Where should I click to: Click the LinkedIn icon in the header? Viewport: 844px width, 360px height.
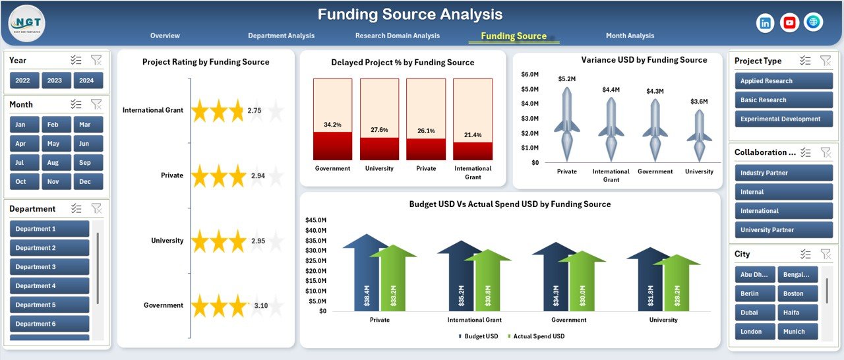coord(766,23)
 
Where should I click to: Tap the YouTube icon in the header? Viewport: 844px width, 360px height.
coord(789,23)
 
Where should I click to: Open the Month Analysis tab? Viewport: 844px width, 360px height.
coord(630,36)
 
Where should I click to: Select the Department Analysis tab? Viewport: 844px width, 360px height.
coord(281,36)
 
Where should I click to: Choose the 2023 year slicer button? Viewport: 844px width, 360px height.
coord(55,80)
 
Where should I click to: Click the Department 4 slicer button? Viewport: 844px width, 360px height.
coord(49,286)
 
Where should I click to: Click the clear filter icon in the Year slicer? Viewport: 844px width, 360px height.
coord(96,61)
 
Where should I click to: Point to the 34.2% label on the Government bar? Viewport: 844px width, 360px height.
coord(332,125)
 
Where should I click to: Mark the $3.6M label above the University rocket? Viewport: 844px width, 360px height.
coord(699,102)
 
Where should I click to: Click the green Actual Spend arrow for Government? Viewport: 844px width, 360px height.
coord(582,284)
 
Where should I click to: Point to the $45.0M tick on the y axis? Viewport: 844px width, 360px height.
coord(316,220)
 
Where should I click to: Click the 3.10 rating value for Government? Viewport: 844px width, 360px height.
coord(260,306)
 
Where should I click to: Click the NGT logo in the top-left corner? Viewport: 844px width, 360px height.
coord(26,23)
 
